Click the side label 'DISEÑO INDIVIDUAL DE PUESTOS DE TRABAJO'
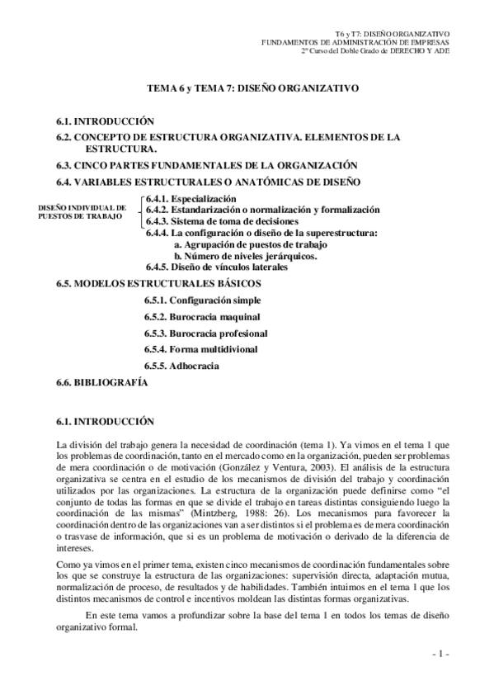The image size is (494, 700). [x=82, y=211]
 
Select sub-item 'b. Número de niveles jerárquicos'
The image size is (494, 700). [x=246, y=256]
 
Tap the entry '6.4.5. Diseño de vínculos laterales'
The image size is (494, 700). [x=217, y=267]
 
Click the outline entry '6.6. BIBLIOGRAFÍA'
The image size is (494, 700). [x=102, y=383]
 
